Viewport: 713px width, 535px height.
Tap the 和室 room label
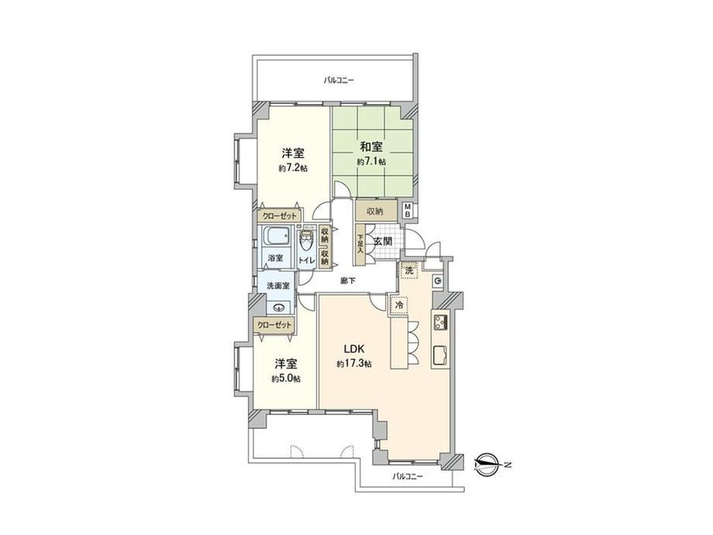(371, 147)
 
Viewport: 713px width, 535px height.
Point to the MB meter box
(408, 209)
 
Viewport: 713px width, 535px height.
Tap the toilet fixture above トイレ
(305, 243)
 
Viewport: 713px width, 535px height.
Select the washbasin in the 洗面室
(278, 308)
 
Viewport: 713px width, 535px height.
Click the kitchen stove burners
(439, 322)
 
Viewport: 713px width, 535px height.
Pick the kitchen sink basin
(439, 355)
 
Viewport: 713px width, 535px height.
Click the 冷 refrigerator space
(399, 305)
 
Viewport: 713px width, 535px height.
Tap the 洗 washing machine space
(409, 271)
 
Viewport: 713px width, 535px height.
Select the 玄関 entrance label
(384, 242)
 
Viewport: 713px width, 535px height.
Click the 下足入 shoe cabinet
(360, 244)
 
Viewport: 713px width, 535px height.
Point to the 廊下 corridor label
(348, 281)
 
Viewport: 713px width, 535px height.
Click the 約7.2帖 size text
(293, 168)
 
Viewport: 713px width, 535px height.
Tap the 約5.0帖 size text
(285, 378)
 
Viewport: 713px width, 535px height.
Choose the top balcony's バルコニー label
(339, 81)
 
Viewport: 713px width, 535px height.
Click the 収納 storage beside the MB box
(376, 211)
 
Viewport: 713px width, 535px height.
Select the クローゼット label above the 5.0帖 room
(274, 326)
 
